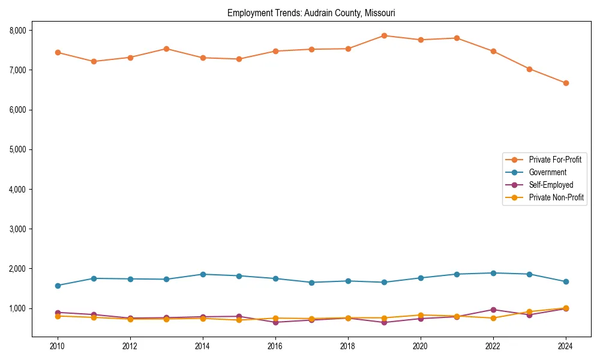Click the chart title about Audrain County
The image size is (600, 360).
(x=311, y=13)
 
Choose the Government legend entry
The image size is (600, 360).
(x=547, y=172)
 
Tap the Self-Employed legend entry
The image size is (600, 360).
(x=551, y=185)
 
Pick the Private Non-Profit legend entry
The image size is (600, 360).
(x=556, y=197)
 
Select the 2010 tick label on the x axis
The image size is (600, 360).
(x=58, y=346)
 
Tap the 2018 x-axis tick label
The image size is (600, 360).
(x=348, y=346)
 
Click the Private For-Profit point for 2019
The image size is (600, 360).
(x=384, y=35)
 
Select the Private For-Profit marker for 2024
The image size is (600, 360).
(x=566, y=83)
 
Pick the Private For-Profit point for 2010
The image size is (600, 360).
(x=58, y=52)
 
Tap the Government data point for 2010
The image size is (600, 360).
(x=58, y=286)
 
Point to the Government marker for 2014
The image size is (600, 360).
(x=203, y=274)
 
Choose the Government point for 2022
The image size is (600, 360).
(x=493, y=273)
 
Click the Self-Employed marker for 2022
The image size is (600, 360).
(x=493, y=310)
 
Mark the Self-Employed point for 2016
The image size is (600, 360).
(x=275, y=322)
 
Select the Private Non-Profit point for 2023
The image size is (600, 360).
(x=529, y=312)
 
